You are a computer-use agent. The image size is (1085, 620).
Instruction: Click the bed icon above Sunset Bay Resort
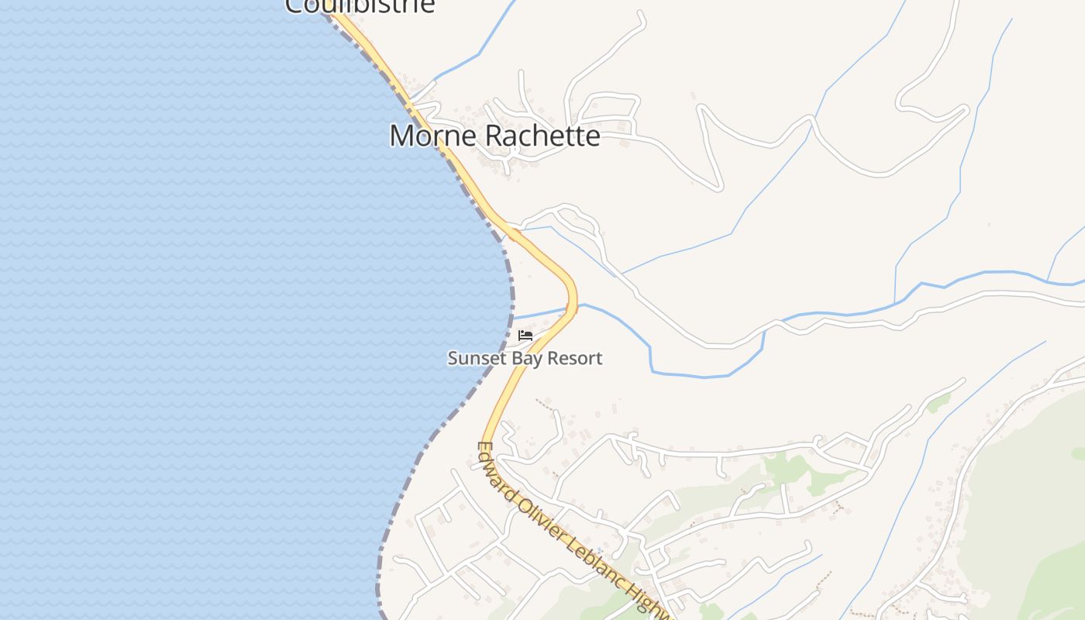click(525, 336)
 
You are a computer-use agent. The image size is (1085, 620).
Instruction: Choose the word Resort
click(575, 358)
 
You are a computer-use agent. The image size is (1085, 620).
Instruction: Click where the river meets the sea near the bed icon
click(513, 317)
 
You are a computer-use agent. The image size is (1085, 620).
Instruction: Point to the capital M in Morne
click(400, 136)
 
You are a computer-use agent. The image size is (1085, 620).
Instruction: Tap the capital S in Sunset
click(453, 358)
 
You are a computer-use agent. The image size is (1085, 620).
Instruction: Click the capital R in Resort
click(553, 358)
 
